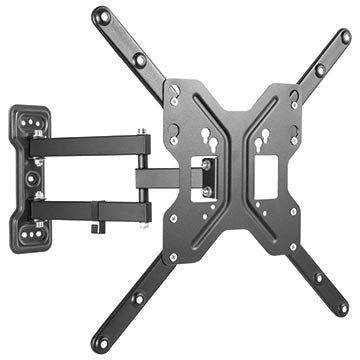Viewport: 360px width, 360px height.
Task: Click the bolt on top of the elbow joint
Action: (143, 131)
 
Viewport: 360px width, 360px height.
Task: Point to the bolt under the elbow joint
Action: (142, 222)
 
